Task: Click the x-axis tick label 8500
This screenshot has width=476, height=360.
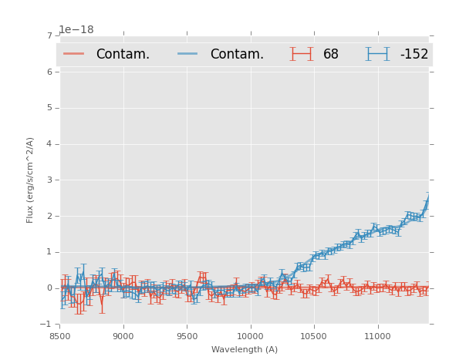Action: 59,336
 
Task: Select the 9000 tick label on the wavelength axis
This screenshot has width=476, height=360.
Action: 123,336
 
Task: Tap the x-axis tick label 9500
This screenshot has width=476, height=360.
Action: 187,336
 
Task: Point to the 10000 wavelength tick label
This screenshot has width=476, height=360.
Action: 250,336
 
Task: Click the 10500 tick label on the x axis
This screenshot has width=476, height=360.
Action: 313,336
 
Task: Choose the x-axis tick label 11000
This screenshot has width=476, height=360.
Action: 377,336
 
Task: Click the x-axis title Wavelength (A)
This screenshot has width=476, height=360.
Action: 244,349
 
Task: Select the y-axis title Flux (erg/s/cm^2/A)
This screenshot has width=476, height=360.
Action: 31,180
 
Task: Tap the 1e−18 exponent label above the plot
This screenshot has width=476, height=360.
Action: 76,30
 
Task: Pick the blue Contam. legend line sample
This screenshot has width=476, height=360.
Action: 188,54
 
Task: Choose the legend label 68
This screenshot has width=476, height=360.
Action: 331,55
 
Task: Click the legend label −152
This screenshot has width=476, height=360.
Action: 414,55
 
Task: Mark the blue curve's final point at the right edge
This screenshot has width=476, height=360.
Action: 428,200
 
